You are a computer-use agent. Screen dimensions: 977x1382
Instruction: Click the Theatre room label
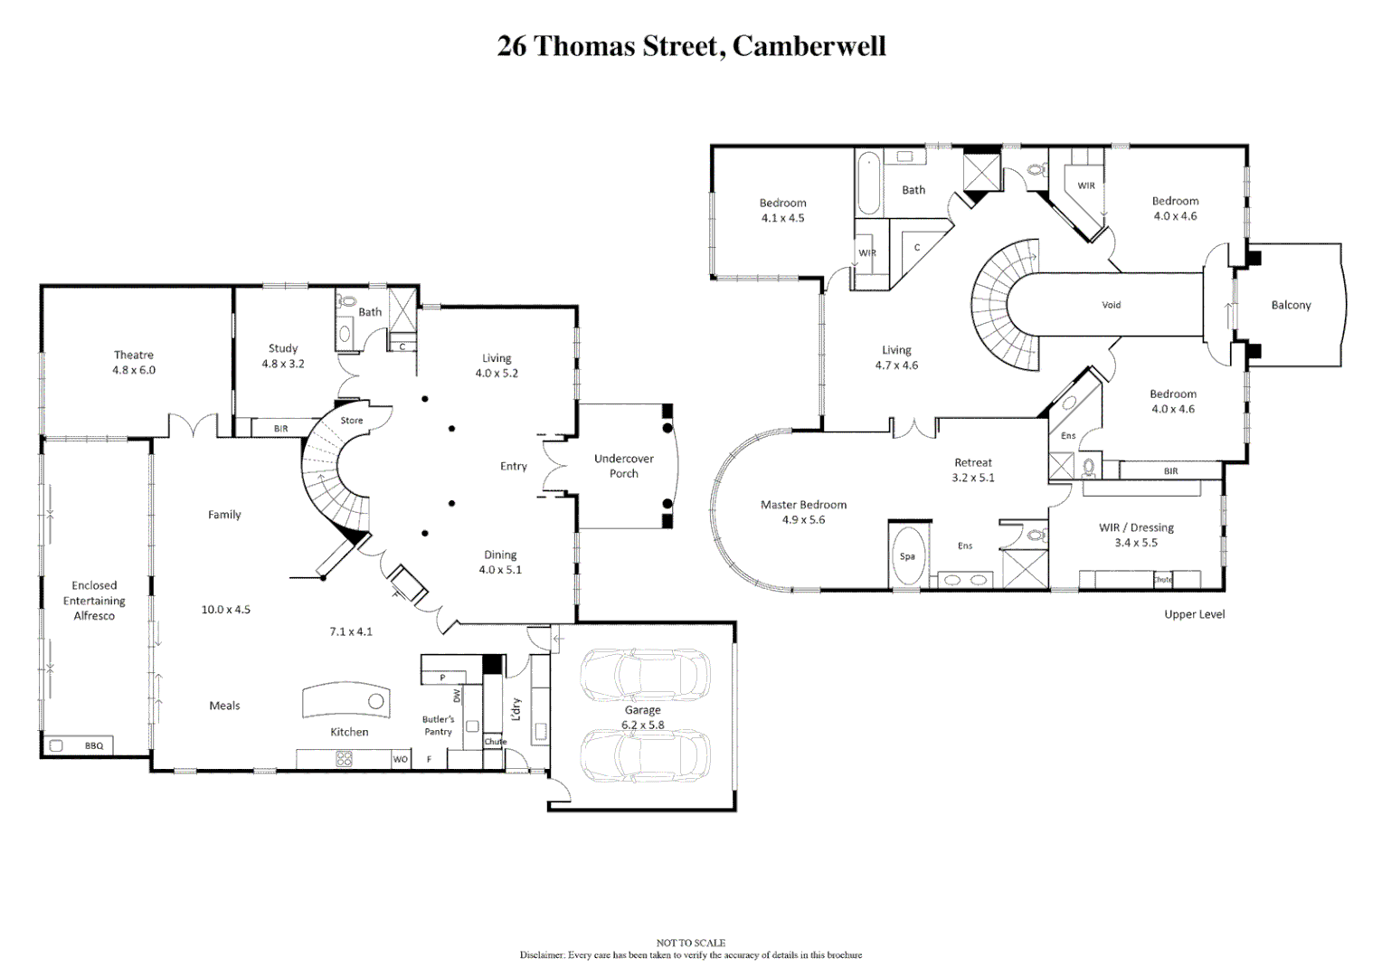pos(134,355)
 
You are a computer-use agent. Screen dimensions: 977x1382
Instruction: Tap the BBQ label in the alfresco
pos(94,746)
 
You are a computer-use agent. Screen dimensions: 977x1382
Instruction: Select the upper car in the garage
pos(645,675)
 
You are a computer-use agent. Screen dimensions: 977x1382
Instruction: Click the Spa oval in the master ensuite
pos(907,556)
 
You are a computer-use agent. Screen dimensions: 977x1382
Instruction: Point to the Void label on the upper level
pos(1111,305)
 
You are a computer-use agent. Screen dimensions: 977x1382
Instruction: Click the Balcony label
pos(1291,305)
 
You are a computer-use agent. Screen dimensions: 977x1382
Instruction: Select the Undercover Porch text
pos(623,466)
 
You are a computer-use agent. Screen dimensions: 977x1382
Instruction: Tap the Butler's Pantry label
pos(439,726)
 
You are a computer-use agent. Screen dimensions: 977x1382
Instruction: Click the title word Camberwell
pos(809,46)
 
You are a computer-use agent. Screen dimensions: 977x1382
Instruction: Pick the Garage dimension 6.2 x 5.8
pos(642,725)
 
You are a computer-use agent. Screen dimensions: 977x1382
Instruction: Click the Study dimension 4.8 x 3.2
pos(283,364)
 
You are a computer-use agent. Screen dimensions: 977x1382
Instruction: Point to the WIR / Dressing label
pos(1136,527)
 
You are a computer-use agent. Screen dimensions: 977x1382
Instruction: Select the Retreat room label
pos(973,462)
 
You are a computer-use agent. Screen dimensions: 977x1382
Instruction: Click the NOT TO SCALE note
pos(690,943)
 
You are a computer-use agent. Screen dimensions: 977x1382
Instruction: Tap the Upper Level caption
pos(1194,614)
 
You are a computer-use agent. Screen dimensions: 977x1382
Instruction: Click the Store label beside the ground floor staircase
pos(352,421)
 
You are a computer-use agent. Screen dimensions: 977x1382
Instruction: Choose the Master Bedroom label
pos(803,505)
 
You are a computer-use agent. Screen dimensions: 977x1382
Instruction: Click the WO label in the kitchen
pos(400,759)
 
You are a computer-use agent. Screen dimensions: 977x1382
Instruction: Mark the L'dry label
pos(516,708)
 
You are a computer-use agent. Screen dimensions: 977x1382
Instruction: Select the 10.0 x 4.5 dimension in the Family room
pos(225,610)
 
